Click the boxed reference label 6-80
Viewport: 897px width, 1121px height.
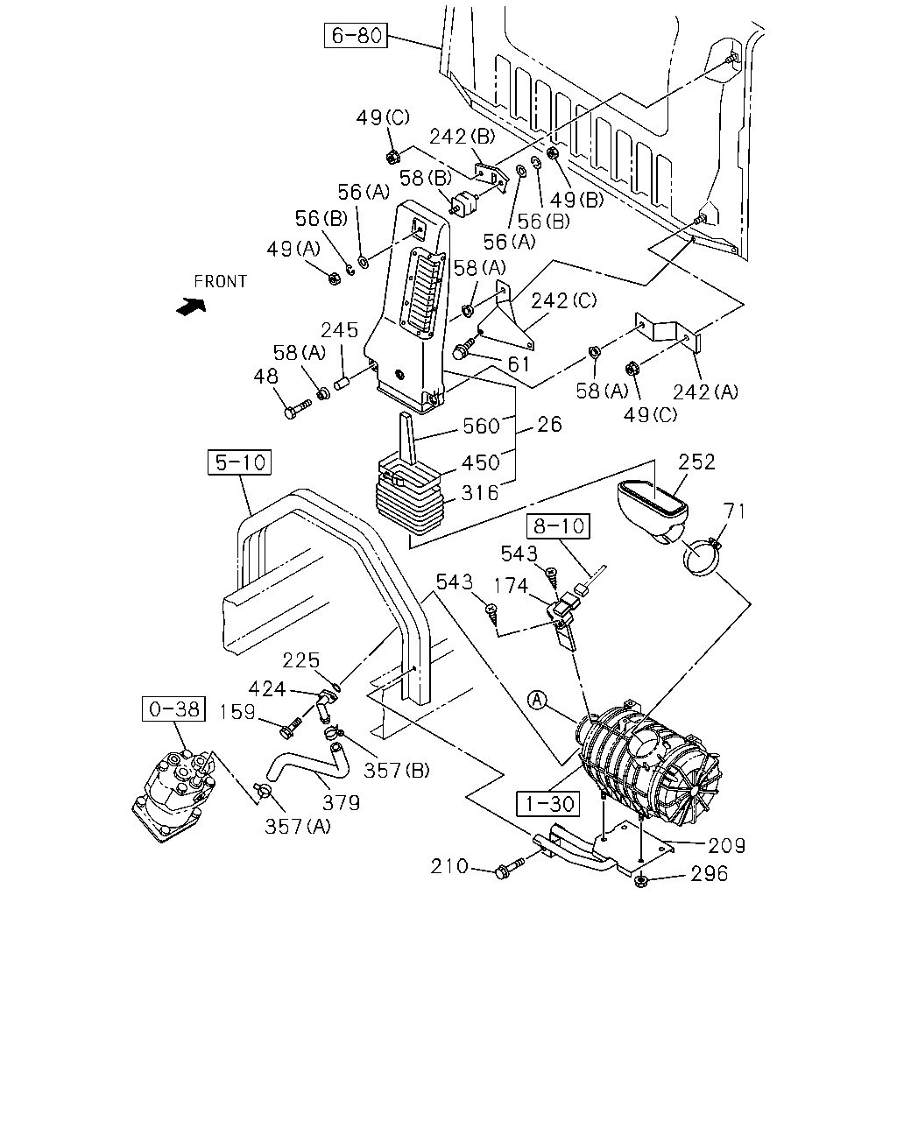coord(356,35)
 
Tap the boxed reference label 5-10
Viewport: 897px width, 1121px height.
coord(239,462)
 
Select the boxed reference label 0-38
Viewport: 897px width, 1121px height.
coord(173,709)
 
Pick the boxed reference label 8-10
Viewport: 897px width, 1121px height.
coord(558,526)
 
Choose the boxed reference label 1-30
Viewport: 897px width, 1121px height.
coord(547,803)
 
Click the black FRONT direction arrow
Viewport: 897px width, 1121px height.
coord(191,307)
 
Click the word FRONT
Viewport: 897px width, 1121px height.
coord(220,282)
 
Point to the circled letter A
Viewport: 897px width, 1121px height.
coord(537,700)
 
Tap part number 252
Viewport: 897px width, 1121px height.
coord(697,462)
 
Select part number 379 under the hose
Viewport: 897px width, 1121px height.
coord(342,803)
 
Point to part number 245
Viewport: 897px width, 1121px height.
coord(339,330)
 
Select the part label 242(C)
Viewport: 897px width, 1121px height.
coord(564,300)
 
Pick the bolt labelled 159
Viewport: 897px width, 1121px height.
coord(291,727)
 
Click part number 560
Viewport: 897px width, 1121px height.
coord(481,427)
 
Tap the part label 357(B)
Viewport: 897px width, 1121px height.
coord(397,771)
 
